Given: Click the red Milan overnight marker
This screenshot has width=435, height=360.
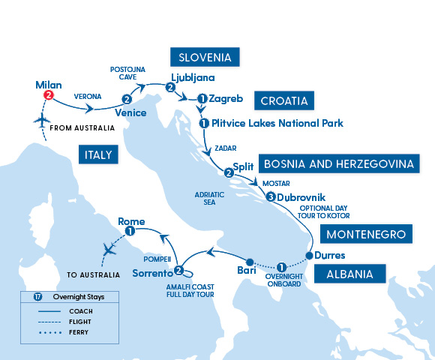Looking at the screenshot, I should [x=49, y=95].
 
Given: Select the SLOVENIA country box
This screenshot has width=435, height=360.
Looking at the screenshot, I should [x=205, y=58].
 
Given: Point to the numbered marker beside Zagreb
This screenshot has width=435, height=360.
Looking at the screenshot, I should [x=202, y=98].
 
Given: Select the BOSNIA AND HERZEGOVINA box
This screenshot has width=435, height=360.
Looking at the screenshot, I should [x=336, y=163].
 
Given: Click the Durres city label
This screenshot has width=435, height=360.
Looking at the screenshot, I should [x=330, y=255].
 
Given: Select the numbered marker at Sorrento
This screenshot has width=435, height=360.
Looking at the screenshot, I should [x=178, y=271].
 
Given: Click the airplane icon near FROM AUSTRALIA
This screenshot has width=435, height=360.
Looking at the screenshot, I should [x=40, y=121].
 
